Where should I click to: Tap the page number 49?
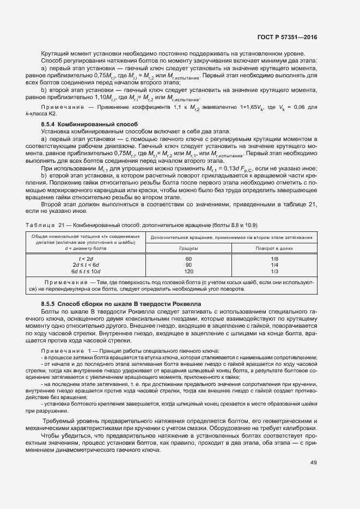pyautogui.click(x=313, y=462)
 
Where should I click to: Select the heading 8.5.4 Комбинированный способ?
pyautogui.click(x=89, y=125)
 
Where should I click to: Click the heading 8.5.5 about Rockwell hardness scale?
pyautogui.click(x=121, y=303)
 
